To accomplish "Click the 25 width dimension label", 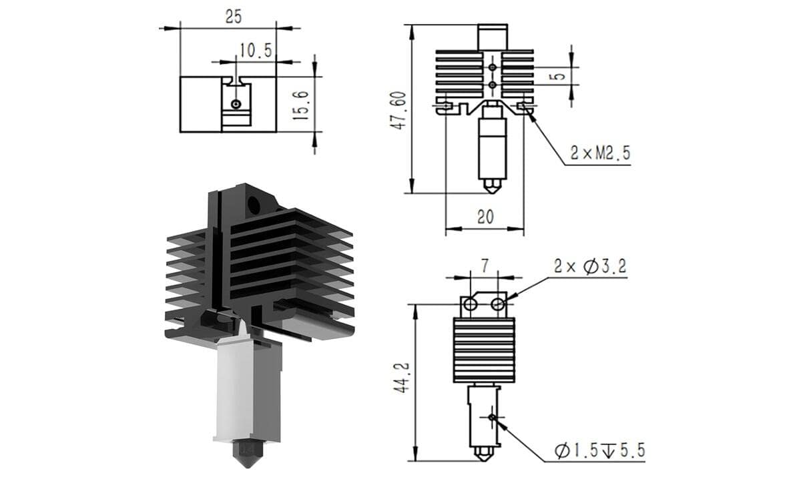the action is [234, 17].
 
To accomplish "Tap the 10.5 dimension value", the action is [256, 51].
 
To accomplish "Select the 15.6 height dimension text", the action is [300, 105].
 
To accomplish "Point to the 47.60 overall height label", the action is [398, 110].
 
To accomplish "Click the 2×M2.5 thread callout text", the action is [600, 153].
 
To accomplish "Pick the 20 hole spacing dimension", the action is [485, 217].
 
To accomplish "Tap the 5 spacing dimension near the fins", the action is [560, 76].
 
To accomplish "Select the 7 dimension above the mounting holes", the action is [485, 266].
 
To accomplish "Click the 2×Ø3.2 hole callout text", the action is [590, 266].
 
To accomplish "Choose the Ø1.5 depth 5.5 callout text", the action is [599, 450].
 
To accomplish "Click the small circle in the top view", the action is [236, 104].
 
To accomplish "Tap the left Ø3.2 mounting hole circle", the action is [470, 304].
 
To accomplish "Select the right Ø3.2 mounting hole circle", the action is [497, 304].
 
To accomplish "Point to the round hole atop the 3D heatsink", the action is [254, 205].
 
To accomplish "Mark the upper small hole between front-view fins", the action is [493, 67].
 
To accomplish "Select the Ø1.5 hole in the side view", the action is [493, 417].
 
